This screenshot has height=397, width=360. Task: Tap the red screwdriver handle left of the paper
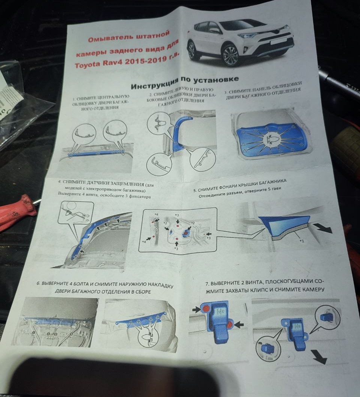pyautogui.click(x=17, y=212)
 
